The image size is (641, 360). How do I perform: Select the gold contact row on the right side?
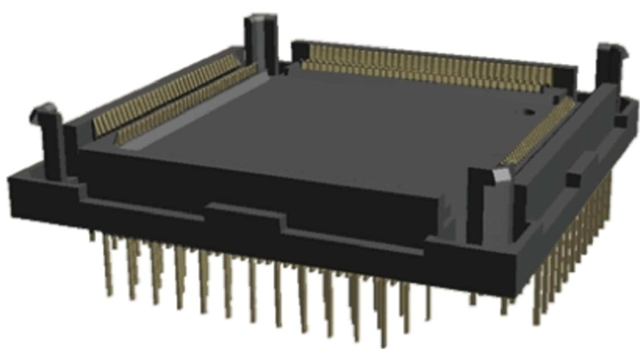click(x=539, y=133)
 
